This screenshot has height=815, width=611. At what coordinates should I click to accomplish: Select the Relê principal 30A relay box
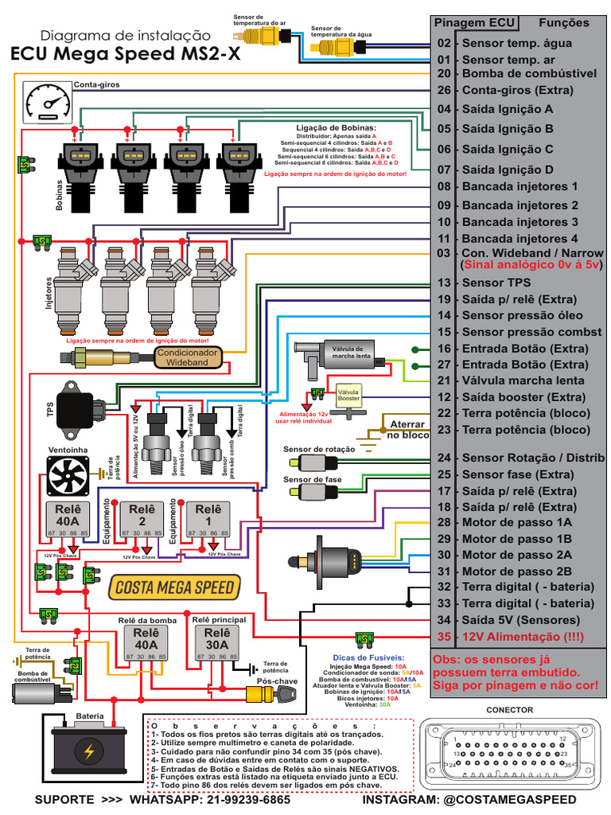(212, 644)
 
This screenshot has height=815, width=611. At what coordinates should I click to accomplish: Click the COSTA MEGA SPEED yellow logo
(173, 588)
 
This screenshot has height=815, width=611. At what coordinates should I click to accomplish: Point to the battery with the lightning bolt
(89, 749)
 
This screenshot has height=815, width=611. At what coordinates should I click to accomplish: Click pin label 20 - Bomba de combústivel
(517, 73)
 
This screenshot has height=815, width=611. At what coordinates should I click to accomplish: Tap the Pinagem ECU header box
(475, 23)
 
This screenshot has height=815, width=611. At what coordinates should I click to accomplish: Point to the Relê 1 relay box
(208, 520)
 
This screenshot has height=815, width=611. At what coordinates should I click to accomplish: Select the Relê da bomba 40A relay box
(146, 644)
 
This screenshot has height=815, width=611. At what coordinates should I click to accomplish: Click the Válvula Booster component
(348, 397)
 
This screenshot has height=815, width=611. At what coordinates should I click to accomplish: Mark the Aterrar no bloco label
(406, 430)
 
